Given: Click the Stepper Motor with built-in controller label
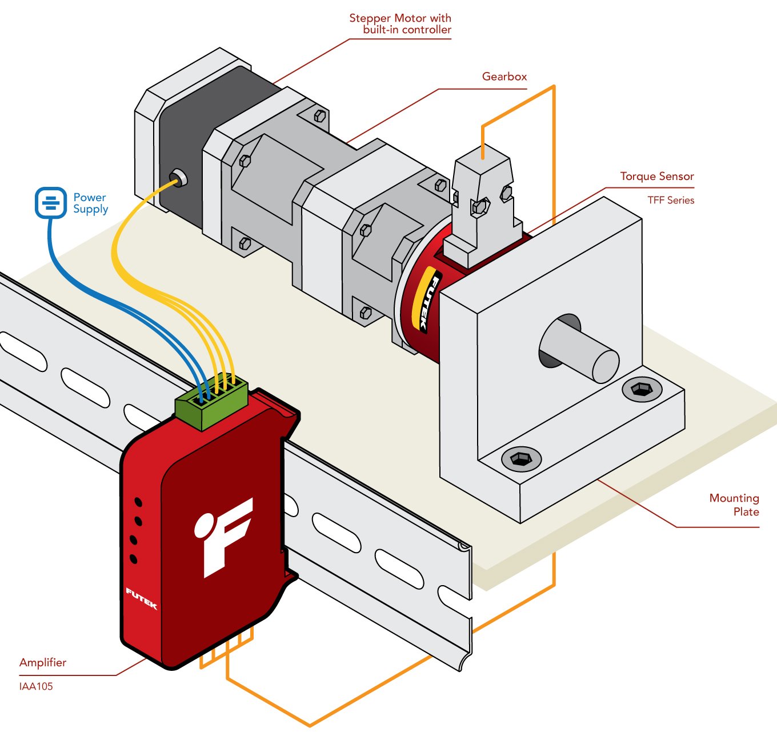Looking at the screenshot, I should coord(400,24).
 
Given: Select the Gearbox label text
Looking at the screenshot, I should coord(504,77).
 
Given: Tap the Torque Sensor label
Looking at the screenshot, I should coord(656,177).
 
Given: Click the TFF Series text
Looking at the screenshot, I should coord(670,201).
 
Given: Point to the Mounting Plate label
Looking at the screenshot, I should coord(734,505).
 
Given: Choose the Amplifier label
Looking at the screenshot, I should coord(43,663).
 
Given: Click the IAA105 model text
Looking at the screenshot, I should coord(36,686).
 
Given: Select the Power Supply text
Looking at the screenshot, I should coord(90,203).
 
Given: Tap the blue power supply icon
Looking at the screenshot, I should coord(51,203).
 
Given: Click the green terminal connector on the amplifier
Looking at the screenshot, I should coord(211,403).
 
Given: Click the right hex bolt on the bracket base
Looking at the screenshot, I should coord(642,390).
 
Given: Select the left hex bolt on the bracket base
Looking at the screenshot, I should coord(521,458).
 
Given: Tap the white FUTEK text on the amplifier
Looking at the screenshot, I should coord(141,598).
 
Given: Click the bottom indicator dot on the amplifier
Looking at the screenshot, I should coord(134,558).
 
